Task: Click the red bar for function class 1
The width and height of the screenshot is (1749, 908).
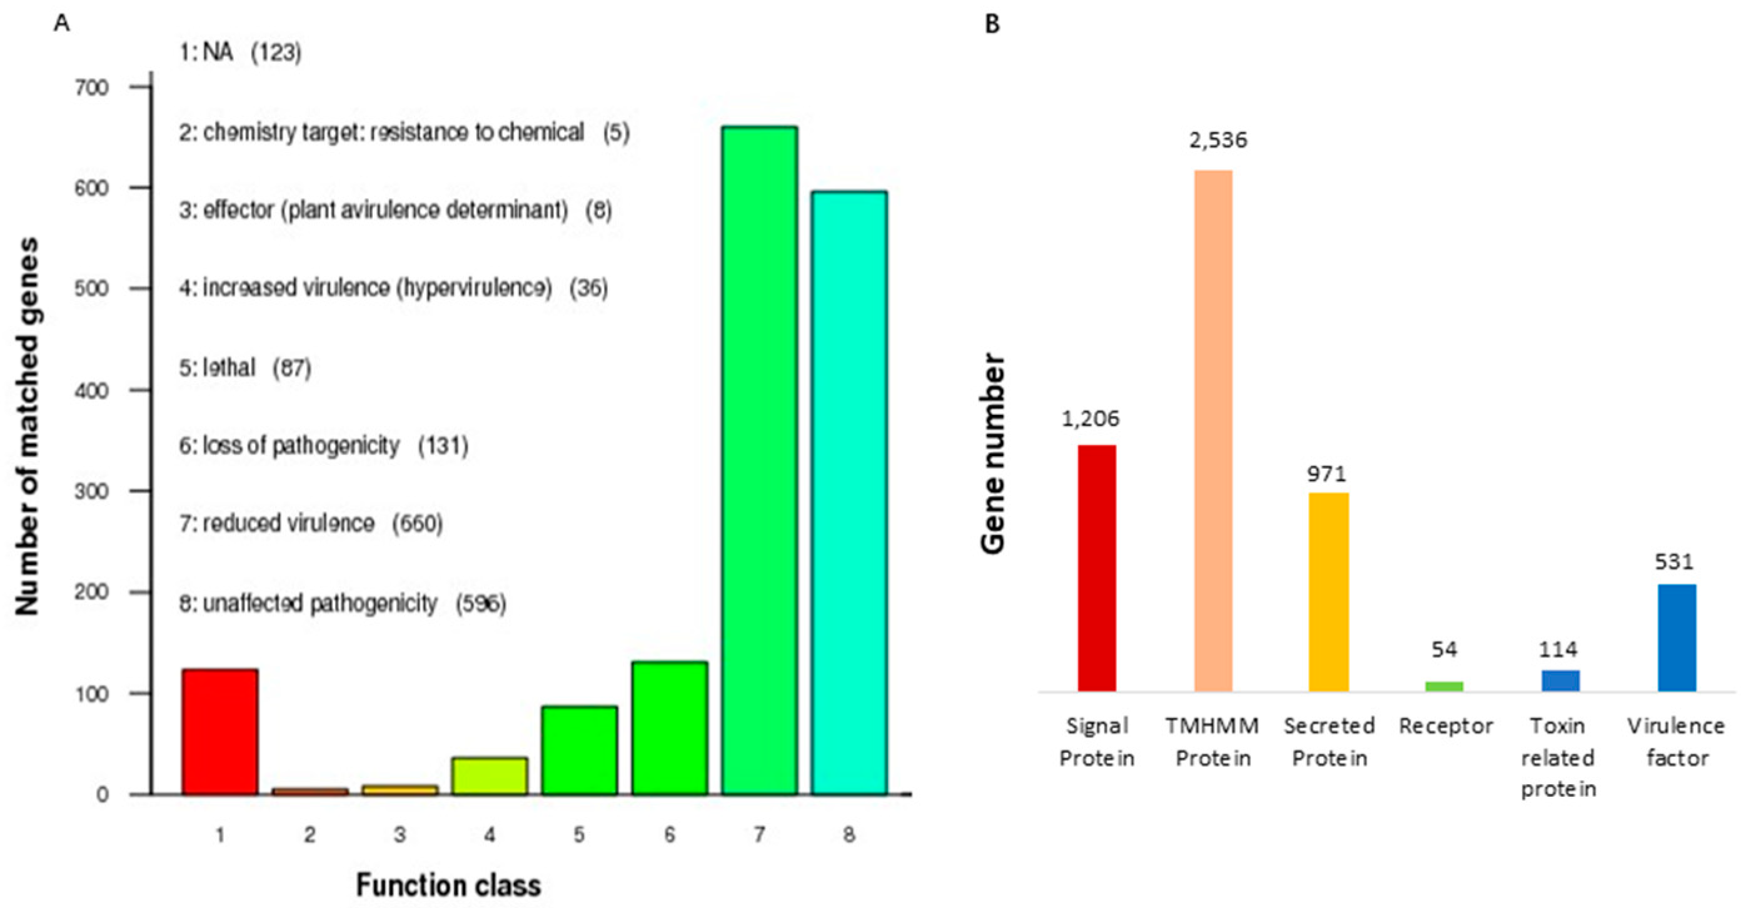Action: (219, 732)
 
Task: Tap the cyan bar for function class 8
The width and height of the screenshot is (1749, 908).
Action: (849, 492)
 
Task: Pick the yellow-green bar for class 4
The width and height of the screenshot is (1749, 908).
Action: (489, 776)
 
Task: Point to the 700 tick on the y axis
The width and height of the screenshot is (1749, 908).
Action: (92, 87)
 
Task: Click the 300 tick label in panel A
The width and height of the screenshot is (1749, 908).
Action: (92, 491)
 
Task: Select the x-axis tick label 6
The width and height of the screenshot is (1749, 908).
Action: (670, 835)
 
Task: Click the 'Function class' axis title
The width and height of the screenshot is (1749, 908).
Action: (448, 885)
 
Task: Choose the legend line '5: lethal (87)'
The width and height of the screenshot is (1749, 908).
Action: (245, 368)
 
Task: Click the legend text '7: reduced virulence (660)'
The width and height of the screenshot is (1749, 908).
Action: (311, 523)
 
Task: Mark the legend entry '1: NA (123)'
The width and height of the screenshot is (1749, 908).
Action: (240, 52)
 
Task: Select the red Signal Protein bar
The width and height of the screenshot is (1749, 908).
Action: (1097, 568)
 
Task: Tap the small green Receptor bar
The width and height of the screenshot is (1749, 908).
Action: (1444, 686)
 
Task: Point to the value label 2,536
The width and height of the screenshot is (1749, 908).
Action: (1218, 140)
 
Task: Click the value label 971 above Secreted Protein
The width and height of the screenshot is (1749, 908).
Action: (1327, 473)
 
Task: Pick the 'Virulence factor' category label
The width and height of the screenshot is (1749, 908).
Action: (1676, 742)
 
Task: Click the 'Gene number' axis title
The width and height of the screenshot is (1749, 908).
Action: (994, 453)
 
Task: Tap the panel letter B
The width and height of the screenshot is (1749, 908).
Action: (992, 24)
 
